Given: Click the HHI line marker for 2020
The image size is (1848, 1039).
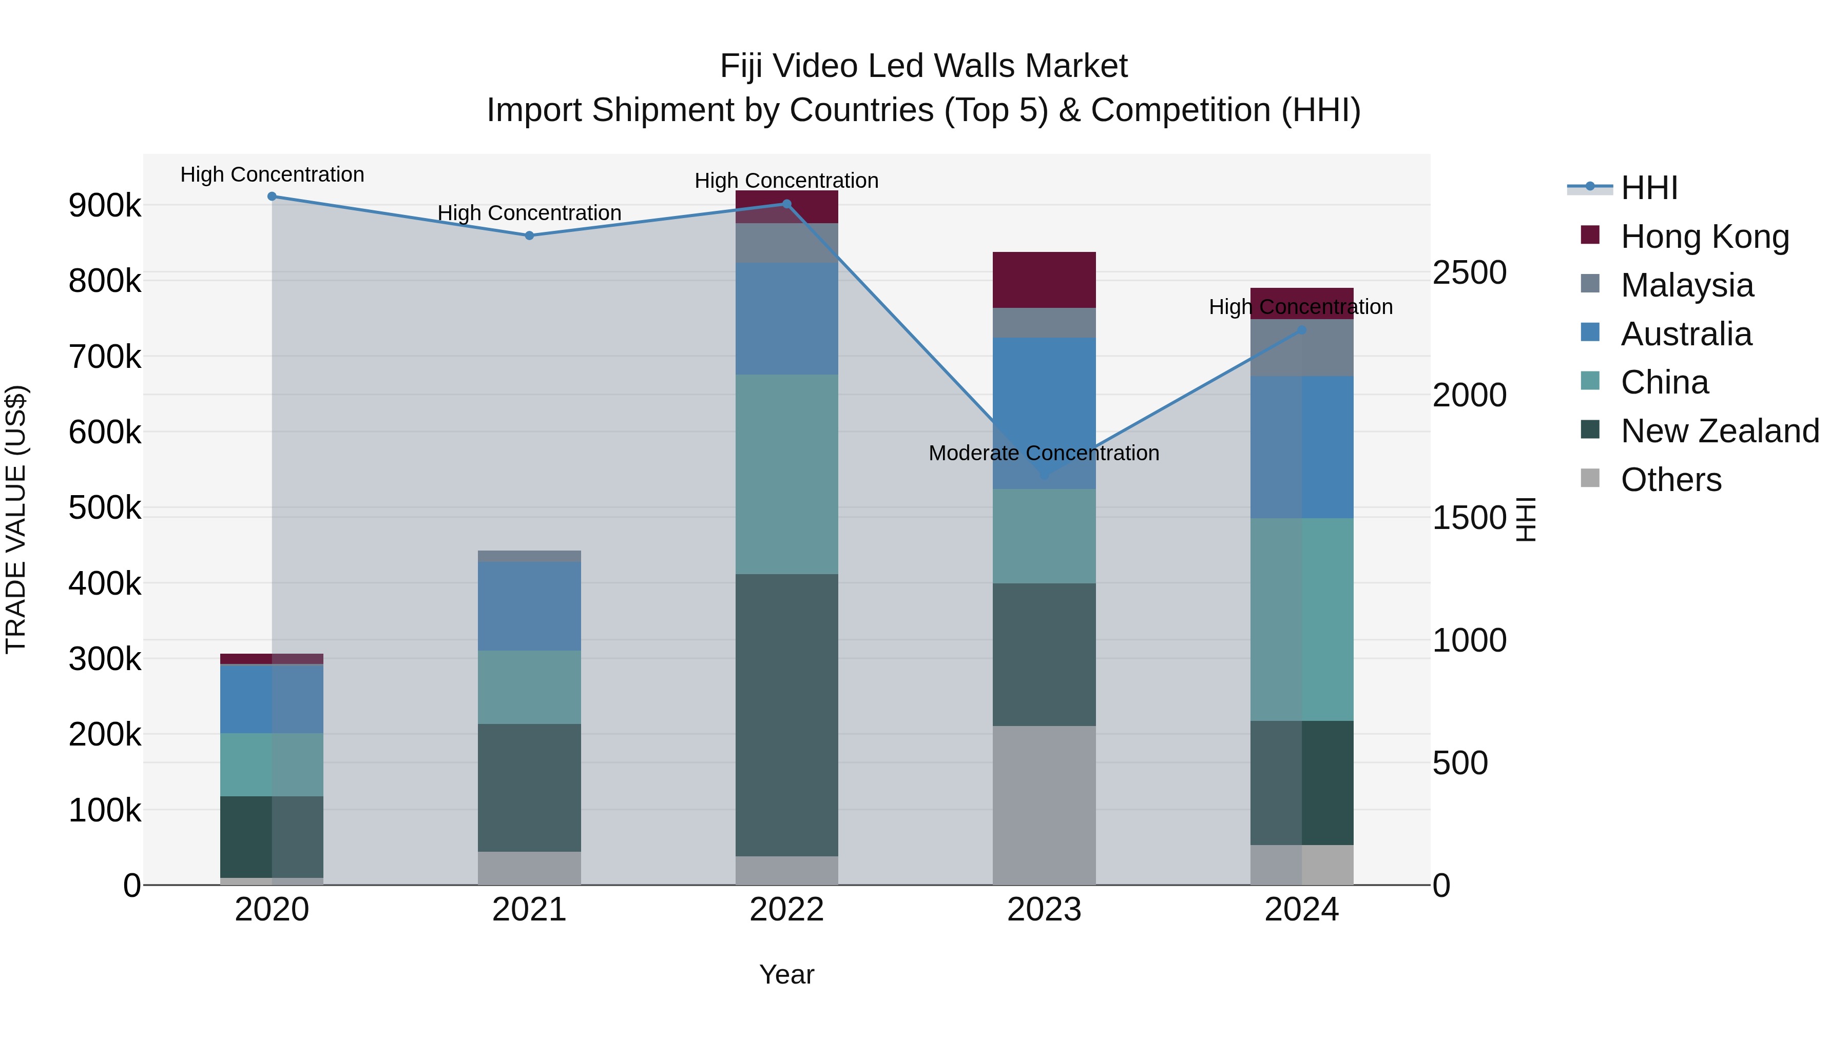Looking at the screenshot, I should click(x=272, y=197).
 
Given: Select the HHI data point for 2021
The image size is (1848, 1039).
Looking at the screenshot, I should click(x=529, y=235).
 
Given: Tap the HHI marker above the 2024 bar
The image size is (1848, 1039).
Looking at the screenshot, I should click(x=1302, y=330).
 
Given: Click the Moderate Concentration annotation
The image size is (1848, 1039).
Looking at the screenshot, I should click(x=1044, y=453).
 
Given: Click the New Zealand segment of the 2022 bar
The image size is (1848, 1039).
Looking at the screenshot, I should click(x=787, y=714).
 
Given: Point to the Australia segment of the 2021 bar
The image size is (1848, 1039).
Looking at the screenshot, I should click(x=529, y=606).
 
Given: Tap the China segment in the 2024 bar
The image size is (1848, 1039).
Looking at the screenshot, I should click(x=1302, y=619).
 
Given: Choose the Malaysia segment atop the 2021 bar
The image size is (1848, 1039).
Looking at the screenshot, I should click(x=529, y=556).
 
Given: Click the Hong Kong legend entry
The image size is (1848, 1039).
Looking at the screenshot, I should click(x=1704, y=236).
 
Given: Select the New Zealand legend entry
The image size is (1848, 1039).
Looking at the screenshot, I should click(x=1720, y=431).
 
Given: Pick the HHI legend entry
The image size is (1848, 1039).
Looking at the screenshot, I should click(x=1648, y=188).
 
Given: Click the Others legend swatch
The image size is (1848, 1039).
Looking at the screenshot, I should click(x=1590, y=478).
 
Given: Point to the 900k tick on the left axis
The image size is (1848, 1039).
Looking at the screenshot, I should click(x=105, y=206).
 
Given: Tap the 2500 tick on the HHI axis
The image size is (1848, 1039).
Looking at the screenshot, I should click(x=1469, y=272).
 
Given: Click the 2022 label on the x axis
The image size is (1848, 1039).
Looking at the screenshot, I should click(x=787, y=910).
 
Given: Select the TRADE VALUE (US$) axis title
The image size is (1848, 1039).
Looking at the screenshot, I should click(x=16, y=519).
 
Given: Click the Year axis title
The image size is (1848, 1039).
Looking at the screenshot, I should click(x=787, y=974).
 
